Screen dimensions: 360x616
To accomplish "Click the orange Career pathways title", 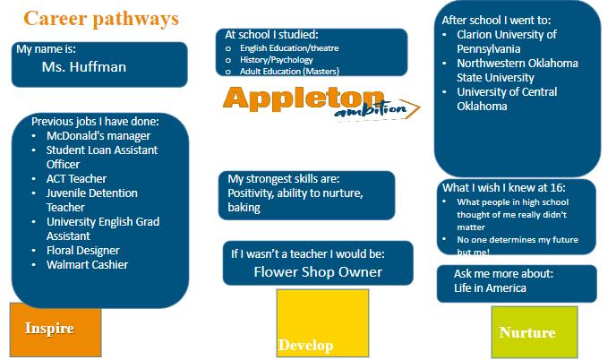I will [101, 18].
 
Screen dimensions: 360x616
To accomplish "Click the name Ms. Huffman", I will [84, 67].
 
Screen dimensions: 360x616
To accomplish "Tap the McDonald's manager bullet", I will [86, 135].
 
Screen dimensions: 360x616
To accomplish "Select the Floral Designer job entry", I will [82, 250].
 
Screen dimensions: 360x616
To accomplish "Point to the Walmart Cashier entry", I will [87, 264].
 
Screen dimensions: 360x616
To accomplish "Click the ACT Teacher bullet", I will [76, 178].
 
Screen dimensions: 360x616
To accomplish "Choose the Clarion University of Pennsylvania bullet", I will [506, 41].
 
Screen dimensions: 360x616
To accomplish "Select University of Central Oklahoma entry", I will [506, 99].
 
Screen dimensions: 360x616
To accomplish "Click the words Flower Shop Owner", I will [318, 271].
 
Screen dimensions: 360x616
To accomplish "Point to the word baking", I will [244, 207].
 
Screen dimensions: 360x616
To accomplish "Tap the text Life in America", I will [490, 287].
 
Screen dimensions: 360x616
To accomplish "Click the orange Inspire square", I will [49, 329].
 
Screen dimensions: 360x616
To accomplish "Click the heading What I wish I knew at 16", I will [506, 187].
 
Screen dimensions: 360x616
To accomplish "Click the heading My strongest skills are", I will [284, 178].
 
